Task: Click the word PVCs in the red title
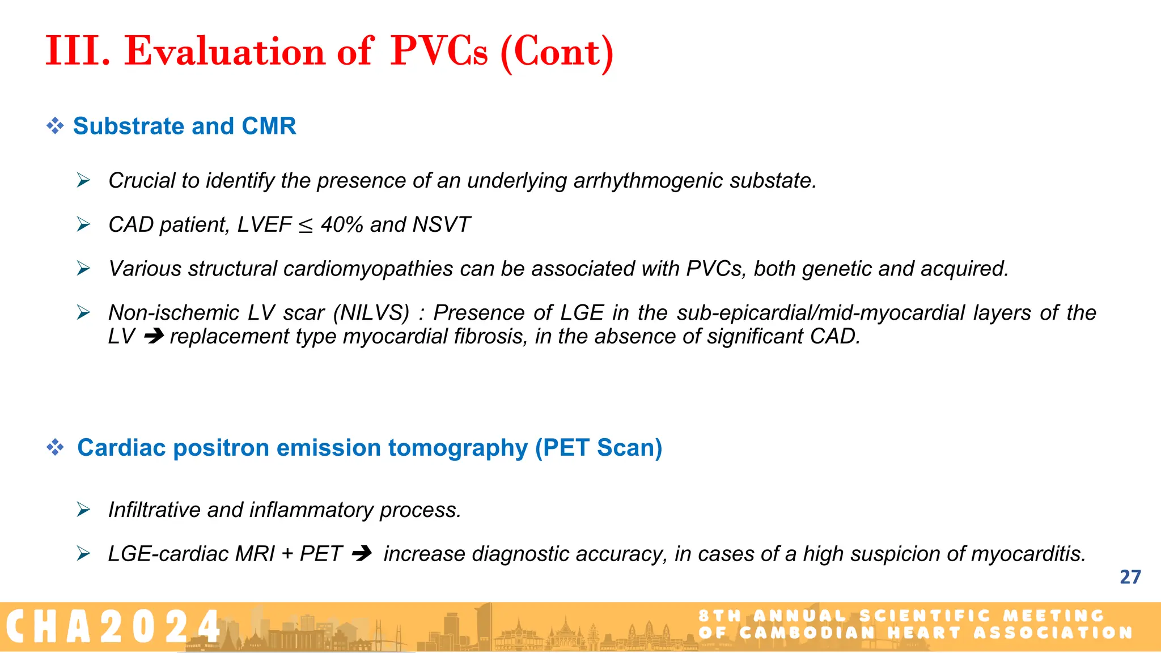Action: [438, 52]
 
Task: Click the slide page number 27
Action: [1130, 577]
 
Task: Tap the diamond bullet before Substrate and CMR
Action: [55, 126]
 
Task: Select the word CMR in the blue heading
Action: [269, 126]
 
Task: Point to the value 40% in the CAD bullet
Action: [341, 225]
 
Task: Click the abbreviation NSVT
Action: [441, 225]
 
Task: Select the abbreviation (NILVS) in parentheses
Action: [371, 313]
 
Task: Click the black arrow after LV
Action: [154, 337]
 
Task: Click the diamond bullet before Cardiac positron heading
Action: [55, 448]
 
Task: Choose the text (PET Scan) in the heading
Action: [599, 448]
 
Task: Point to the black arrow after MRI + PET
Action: [362, 554]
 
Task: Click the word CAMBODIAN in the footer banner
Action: [807, 633]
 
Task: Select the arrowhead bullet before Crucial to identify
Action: [84, 181]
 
